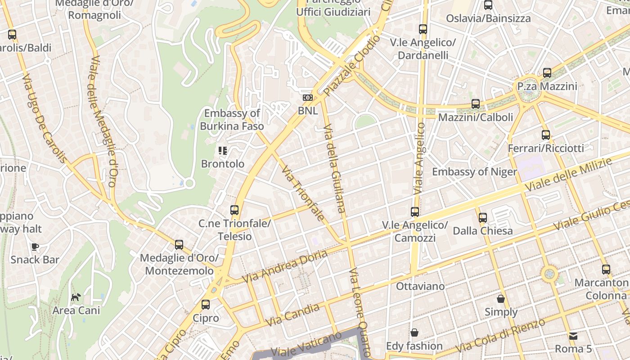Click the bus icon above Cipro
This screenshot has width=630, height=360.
(x=206, y=305)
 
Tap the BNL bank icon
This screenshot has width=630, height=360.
(x=308, y=98)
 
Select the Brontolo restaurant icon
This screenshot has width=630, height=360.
(x=223, y=151)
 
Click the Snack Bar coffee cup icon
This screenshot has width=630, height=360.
(x=35, y=247)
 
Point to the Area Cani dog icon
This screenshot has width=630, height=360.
(x=76, y=297)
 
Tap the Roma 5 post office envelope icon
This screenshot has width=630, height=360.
(x=573, y=336)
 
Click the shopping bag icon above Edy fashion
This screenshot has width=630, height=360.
(x=414, y=333)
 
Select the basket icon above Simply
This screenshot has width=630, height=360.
(x=501, y=298)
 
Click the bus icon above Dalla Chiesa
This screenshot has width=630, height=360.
(x=483, y=218)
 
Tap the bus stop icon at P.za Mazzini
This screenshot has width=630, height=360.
(x=547, y=72)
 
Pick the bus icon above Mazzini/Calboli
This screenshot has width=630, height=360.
(x=476, y=104)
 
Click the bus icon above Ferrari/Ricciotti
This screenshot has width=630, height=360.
(x=546, y=135)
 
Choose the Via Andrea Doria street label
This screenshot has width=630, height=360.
(x=285, y=266)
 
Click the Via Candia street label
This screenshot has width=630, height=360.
(x=293, y=315)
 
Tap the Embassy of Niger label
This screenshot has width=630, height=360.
(x=474, y=172)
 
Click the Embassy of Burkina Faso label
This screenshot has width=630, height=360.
(x=232, y=120)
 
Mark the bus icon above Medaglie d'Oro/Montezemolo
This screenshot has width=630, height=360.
(x=179, y=245)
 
